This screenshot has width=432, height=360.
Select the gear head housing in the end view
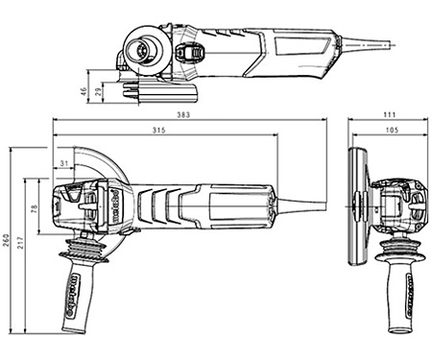(x=403, y=204)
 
